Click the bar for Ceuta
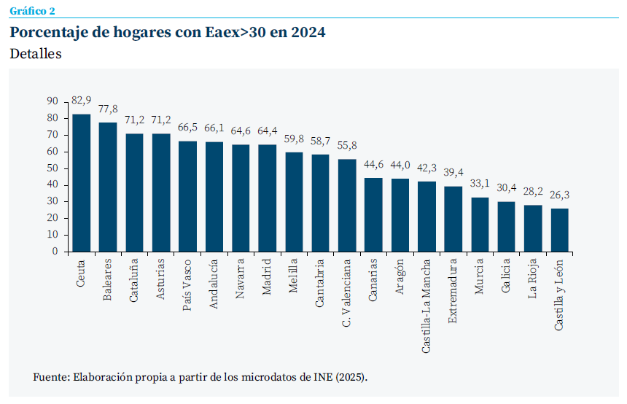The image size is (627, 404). tap(82, 183)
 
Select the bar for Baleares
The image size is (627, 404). tap(108, 187)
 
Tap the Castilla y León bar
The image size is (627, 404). tap(559, 230)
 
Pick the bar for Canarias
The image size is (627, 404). tap(373, 214)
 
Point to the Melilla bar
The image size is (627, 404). tap(294, 202)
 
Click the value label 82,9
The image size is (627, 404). tap(82, 100)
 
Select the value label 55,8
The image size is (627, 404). tap(347, 145)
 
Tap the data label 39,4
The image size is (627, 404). tap(453, 172)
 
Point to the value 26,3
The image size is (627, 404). tap(559, 195)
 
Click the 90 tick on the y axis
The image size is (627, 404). tap(52, 101)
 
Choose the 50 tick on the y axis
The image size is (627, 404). tap(52, 168)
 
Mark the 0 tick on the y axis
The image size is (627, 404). tap(55, 252)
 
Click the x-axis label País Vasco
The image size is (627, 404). tap(188, 284)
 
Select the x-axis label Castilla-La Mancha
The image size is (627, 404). tap(427, 306)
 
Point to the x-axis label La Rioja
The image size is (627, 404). tap(534, 279)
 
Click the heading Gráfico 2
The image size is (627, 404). tap(32, 10)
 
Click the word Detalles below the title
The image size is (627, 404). tap(36, 54)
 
